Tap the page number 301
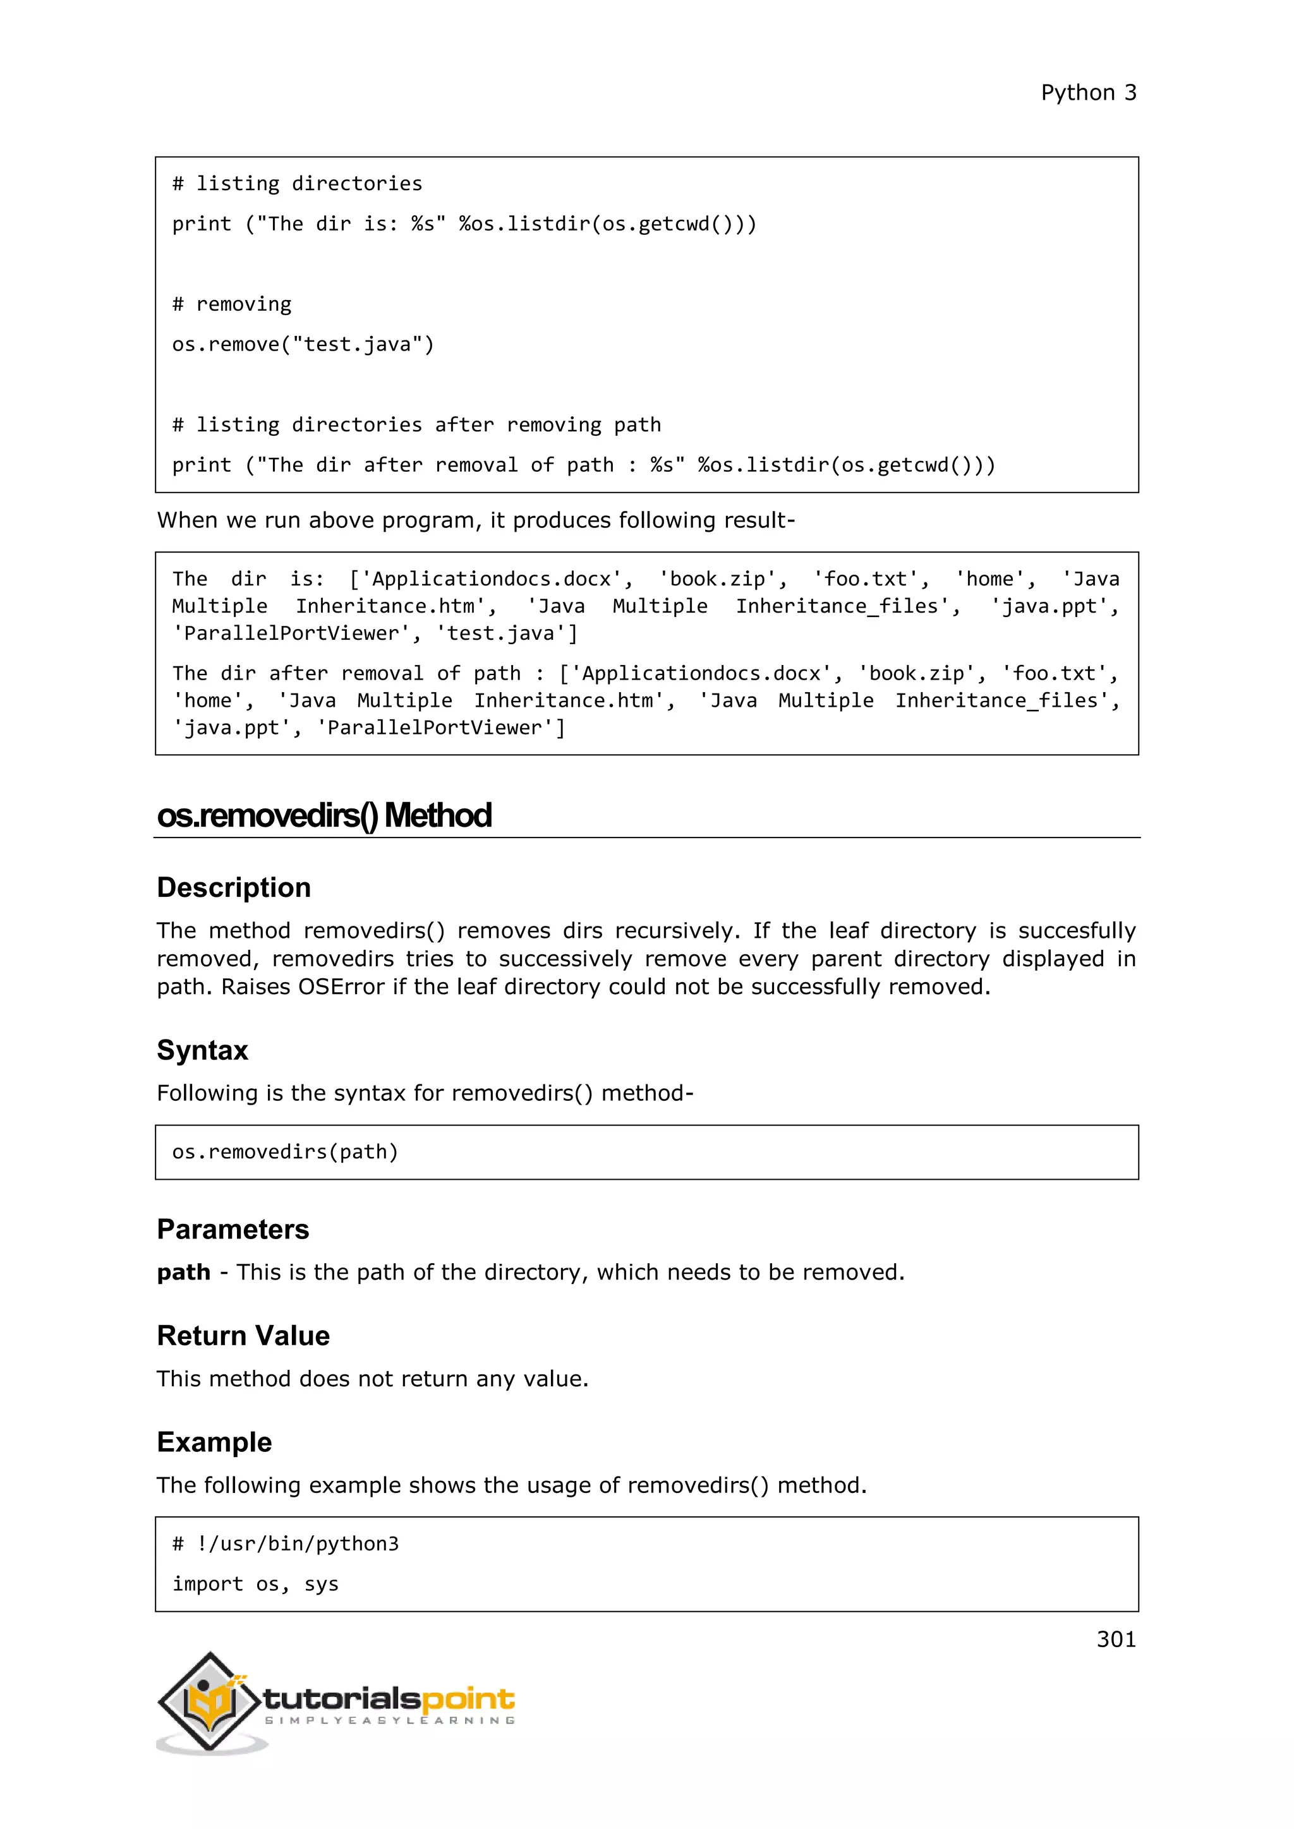[1116, 1639]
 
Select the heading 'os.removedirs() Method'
[323, 816]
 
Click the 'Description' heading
[233, 887]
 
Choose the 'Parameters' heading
[233, 1229]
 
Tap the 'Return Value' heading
[243, 1336]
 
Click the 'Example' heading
[214, 1442]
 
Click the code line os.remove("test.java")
[303, 345]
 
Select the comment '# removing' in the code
[232, 304]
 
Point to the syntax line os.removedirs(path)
[284, 1152]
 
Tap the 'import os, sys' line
[255, 1585]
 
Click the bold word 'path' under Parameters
[183, 1272]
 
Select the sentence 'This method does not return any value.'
[372, 1379]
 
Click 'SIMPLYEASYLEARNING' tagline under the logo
[390, 1720]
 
